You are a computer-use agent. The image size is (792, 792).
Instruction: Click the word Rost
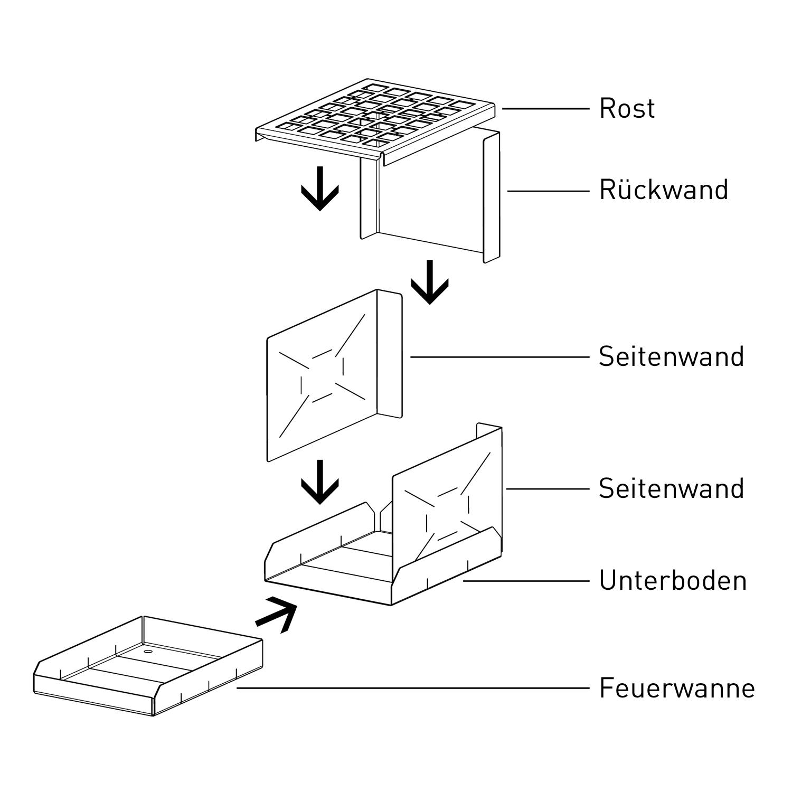click(x=627, y=109)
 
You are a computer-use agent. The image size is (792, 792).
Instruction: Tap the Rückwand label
click(x=663, y=190)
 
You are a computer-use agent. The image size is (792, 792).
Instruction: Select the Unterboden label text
click(x=673, y=581)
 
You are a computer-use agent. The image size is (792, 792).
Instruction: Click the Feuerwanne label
click(x=677, y=689)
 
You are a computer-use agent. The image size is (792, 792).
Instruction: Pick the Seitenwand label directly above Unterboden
click(x=671, y=489)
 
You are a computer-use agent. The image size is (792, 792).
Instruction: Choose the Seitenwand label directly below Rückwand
click(x=671, y=357)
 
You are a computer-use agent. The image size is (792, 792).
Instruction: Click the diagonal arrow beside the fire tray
click(x=277, y=614)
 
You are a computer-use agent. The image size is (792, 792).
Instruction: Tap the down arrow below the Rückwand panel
click(x=430, y=282)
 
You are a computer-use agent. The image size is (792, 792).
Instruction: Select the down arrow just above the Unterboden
click(x=320, y=482)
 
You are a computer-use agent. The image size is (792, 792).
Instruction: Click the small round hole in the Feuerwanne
click(x=147, y=653)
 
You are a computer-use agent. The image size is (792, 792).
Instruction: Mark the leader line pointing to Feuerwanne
click(x=412, y=688)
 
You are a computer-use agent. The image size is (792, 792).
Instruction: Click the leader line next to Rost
click(x=545, y=109)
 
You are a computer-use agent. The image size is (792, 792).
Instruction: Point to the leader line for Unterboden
click(x=525, y=581)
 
